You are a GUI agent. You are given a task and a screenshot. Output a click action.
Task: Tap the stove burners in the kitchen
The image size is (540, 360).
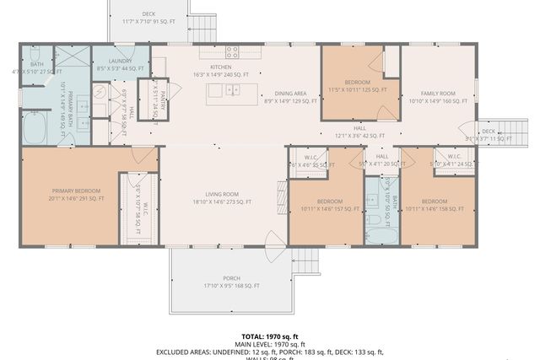[231, 51]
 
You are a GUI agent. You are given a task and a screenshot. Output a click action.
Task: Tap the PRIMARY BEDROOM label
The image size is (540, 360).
[78, 196]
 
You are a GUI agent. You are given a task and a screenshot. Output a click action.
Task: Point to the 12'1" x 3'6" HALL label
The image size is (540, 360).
[360, 131]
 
